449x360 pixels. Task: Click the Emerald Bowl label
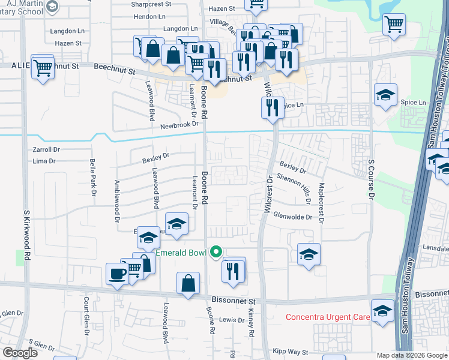coord(181,253)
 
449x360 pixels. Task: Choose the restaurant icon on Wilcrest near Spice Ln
coord(273,107)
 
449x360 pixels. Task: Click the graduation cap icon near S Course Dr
coord(385,94)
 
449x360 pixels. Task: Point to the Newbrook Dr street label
coord(179,125)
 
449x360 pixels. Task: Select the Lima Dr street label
coord(43,161)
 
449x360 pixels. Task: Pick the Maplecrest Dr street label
coord(322,203)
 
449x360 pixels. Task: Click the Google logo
coord(20,353)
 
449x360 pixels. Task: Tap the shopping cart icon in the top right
coord(394,25)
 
